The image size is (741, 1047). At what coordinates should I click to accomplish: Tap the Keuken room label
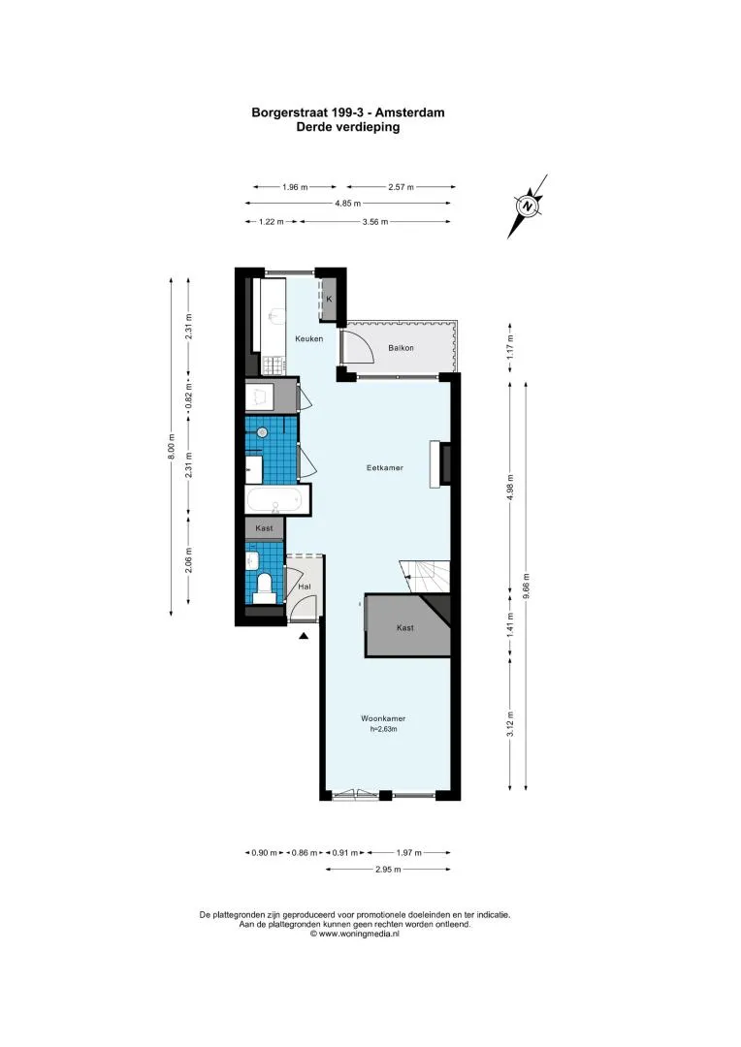[x=308, y=338]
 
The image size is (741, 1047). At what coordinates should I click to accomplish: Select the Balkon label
[x=401, y=348]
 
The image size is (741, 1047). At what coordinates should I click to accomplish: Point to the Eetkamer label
[x=385, y=467]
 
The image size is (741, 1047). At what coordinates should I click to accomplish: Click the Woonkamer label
[x=383, y=718]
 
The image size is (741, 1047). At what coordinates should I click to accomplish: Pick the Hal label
[x=305, y=587]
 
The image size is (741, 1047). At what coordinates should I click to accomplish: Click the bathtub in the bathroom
[x=275, y=499]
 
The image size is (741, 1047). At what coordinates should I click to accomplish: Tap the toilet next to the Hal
[x=265, y=587]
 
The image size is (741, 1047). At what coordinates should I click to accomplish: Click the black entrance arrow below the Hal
[x=304, y=636]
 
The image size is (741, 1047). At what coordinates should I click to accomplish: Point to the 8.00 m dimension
[x=171, y=447]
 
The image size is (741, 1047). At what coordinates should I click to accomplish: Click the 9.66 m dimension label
[x=527, y=586]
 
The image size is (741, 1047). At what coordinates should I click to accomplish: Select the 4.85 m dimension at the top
[x=347, y=204]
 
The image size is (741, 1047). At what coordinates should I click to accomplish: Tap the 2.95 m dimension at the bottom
[x=388, y=870]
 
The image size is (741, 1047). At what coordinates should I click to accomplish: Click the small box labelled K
[x=329, y=299]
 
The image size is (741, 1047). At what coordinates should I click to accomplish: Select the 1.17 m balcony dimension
[x=510, y=347]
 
